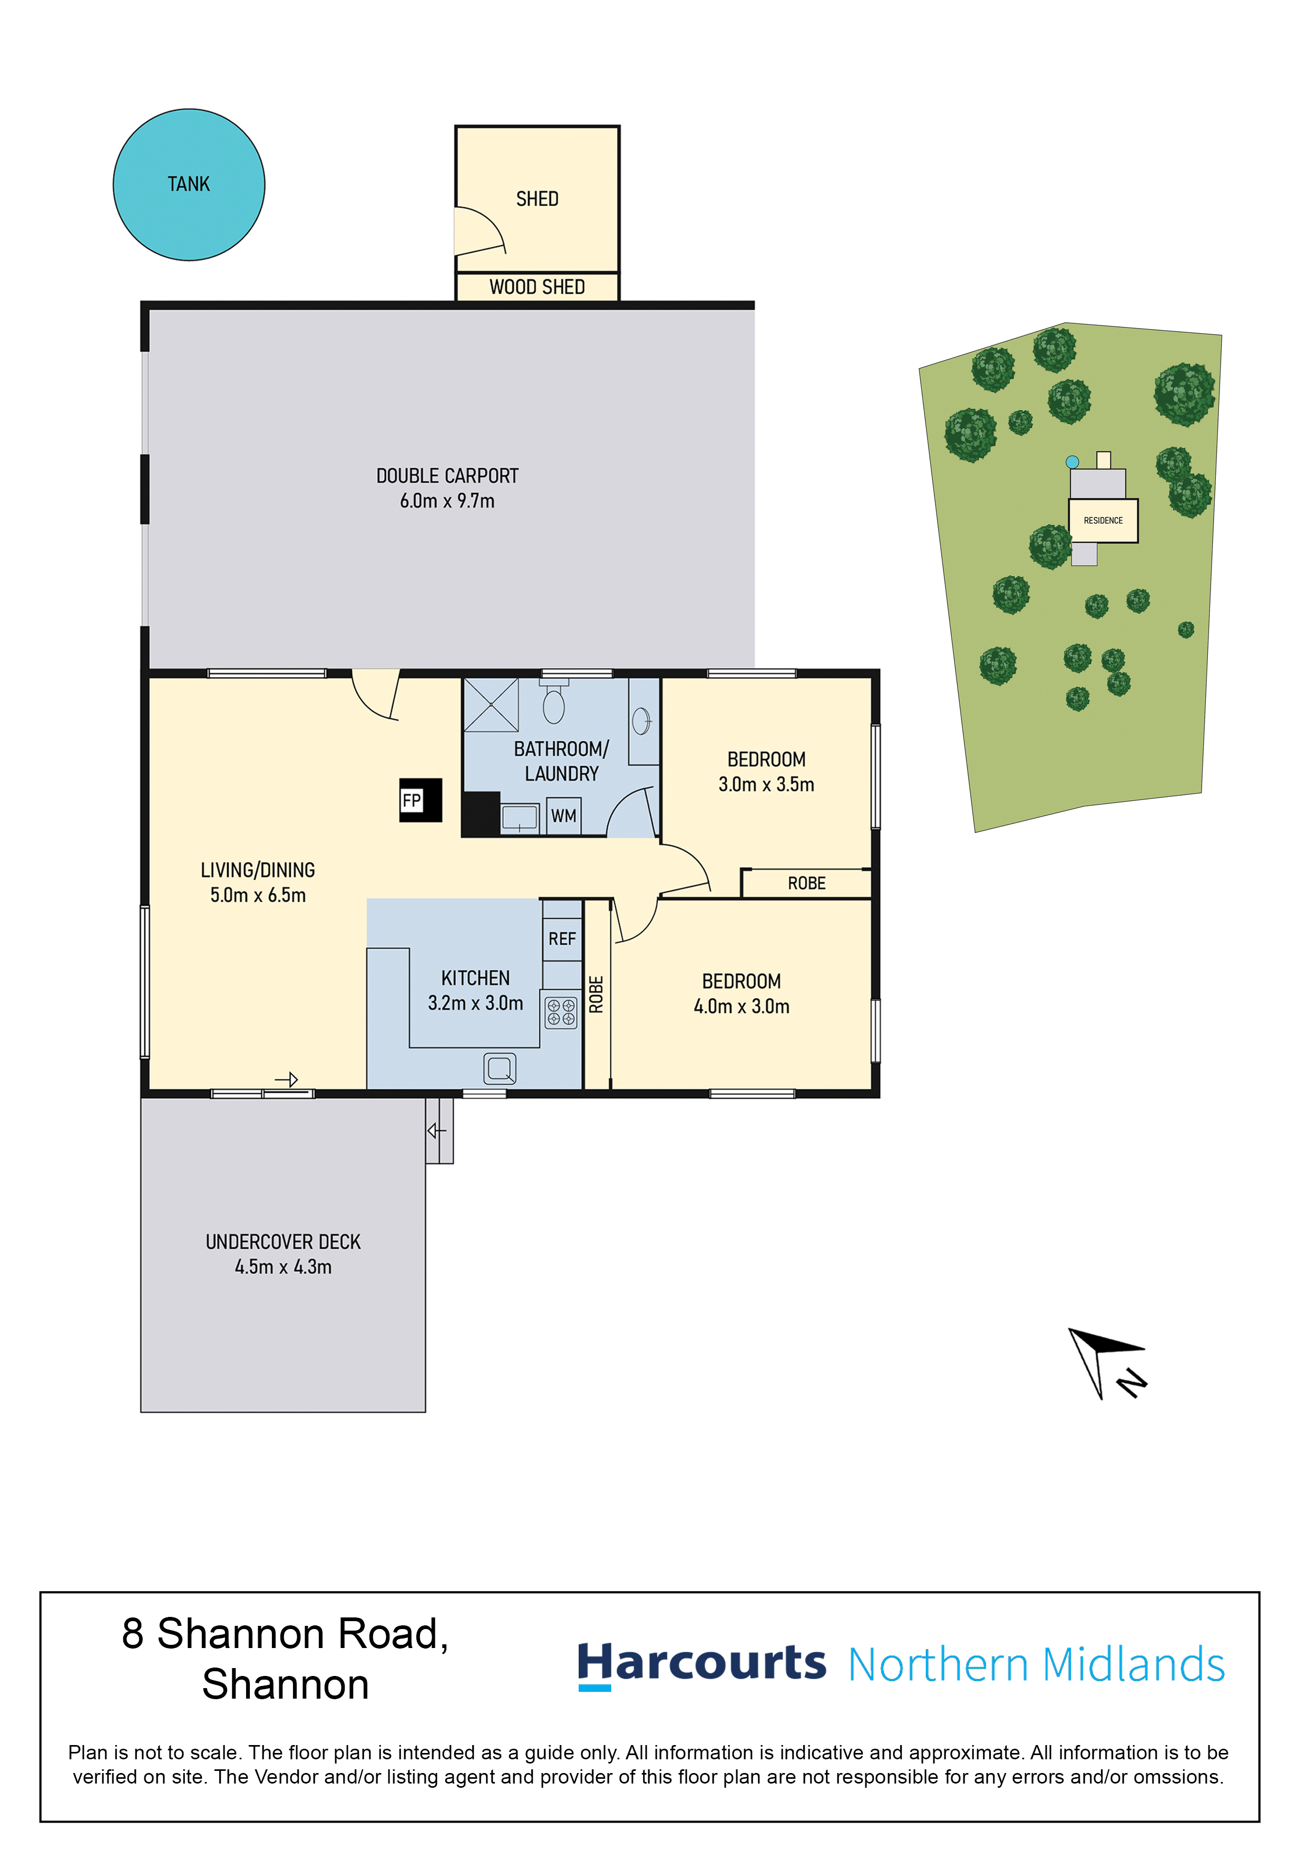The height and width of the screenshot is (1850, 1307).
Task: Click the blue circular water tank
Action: (189, 185)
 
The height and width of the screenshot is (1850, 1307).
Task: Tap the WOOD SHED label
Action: (537, 287)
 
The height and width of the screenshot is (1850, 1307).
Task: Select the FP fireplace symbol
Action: (421, 800)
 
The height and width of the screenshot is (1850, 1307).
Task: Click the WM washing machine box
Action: (564, 816)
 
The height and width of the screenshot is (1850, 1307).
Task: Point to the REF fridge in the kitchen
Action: (562, 939)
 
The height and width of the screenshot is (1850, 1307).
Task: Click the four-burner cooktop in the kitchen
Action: (561, 1012)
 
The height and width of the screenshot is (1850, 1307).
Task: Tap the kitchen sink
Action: (499, 1069)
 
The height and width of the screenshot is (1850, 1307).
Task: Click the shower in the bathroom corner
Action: (491, 705)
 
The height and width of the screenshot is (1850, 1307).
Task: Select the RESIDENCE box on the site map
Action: (1103, 521)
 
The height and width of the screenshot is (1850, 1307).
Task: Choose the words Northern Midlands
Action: (1037, 1665)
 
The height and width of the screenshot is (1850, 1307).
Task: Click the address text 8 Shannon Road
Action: (285, 1633)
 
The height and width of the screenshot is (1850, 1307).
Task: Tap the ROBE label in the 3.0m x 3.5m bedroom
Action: (807, 883)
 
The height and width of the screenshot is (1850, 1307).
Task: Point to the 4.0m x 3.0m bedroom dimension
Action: (742, 1006)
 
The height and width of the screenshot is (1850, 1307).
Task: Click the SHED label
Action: (537, 199)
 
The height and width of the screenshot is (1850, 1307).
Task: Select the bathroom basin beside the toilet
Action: (642, 721)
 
